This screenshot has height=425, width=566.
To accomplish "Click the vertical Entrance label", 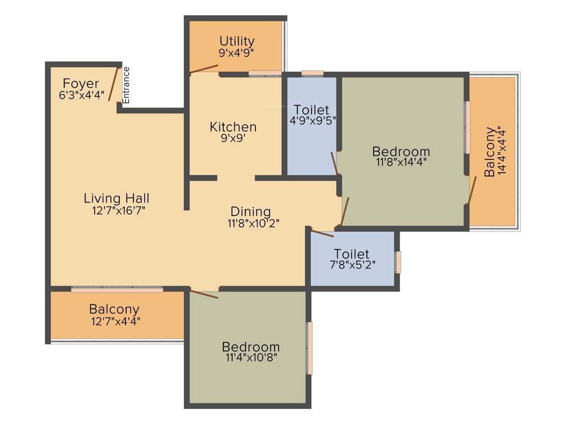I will pyautogui.click(x=126, y=85).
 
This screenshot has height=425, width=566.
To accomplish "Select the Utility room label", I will pyautogui.click(x=237, y=41).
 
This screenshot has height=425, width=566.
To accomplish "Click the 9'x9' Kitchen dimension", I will pyautogui.click(x=233, y=138).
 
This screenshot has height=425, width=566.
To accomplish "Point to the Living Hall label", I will pyautogui.click(x=117, y=198).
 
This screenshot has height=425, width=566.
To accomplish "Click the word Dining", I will pyautogui.click(x=250, y=211).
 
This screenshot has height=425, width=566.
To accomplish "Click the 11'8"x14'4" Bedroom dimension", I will pyautogui.click(x=401, y=162).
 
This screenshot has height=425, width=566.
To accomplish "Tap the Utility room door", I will pyautogui.click(x=203, y=69).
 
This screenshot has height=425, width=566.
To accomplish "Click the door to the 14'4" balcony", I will pyautogui.click(x=471, y=190).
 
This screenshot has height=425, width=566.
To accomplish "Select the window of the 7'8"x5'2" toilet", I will pyautogui.click(x=398, y=262).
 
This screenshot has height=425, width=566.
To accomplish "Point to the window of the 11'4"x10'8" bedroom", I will pyautogui.click(x=310, y=348).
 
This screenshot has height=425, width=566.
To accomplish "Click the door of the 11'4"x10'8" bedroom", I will pyautogui.click(x=203, y=293).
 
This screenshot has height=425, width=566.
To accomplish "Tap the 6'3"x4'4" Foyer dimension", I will pyautogui.click(x=81, y=95).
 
